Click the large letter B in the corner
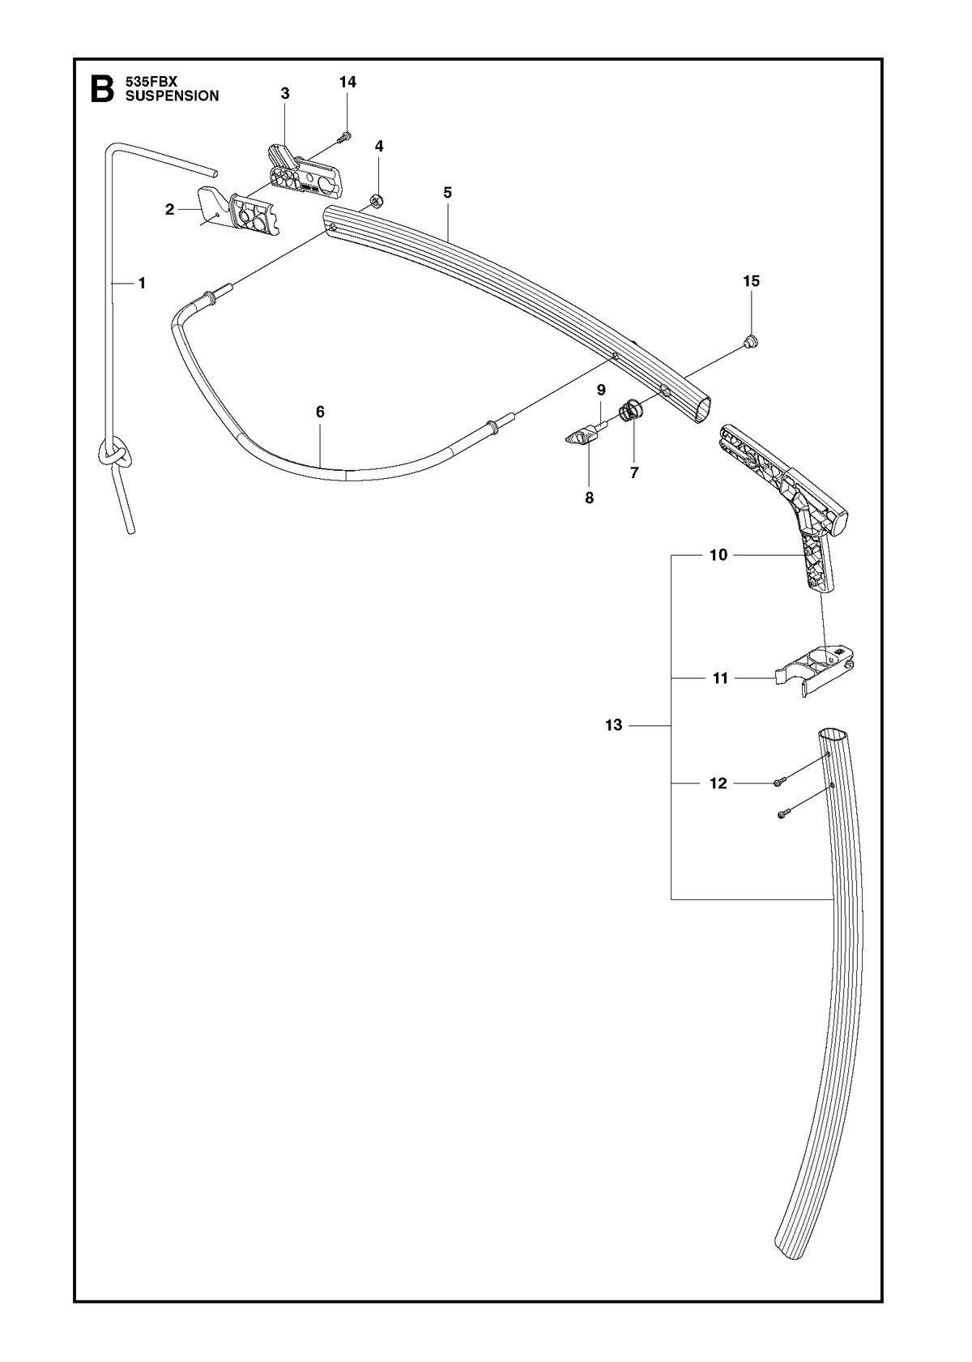coord(101,89)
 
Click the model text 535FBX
coord(151,81)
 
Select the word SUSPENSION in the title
coord(172,96)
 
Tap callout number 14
coord(347,82)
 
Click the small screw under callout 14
coord(345,138)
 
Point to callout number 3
coord(285,94)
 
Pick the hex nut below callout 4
coord(377,200)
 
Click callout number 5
coord(447,193)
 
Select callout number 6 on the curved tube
coord(320,412)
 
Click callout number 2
coord(169,210)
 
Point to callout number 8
coord(589,498)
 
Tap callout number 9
coord(601,390)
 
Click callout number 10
coord(718,554)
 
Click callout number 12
coord(718,783)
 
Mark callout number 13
coord(614,725)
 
